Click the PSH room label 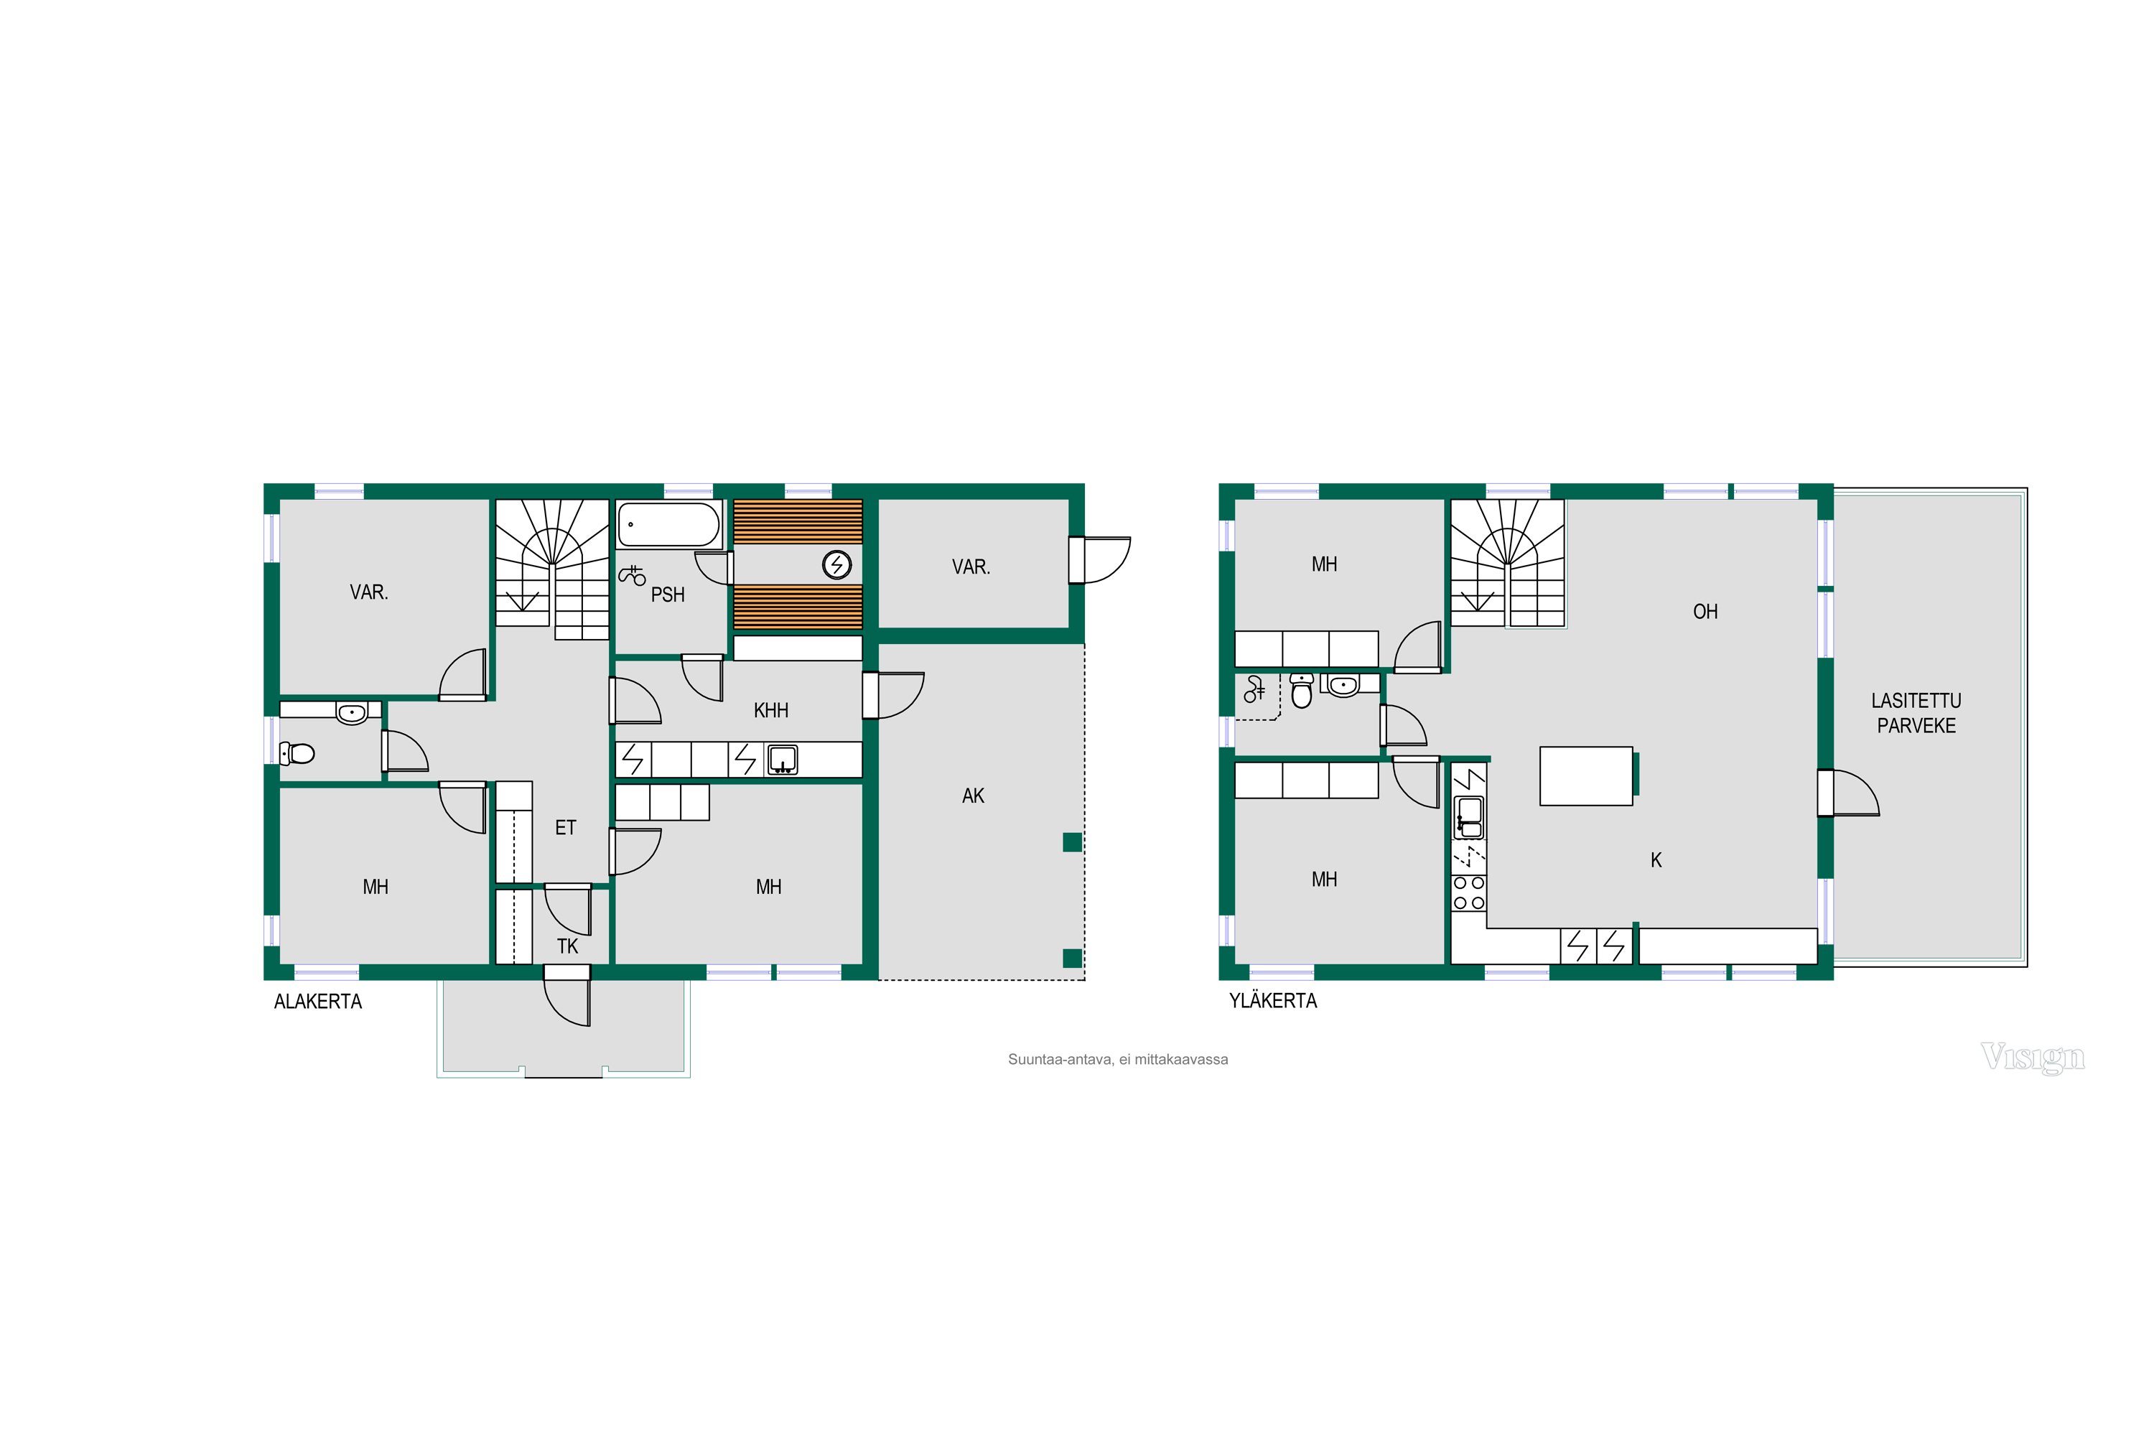(x=668, y=595)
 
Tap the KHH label (x=770, y=711)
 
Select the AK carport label (x=973, y=796)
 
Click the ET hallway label (x=565, y=828)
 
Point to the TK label (x=567, y=946)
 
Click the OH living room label (x=1705, y=612)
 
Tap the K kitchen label (x=1656, y=860)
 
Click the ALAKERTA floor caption (x=318, y=1002)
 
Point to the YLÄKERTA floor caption (x=1273, y=1001)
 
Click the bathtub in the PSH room (x=668, y=525)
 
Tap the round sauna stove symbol (x=837, y=565)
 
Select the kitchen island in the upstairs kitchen (x=1586, y=775)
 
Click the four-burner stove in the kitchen (x=1469, y=893)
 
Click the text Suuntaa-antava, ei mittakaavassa (x=1118, y=1060)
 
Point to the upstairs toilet (x=1301, y=691)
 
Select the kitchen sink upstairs (x=1469, y=818)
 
